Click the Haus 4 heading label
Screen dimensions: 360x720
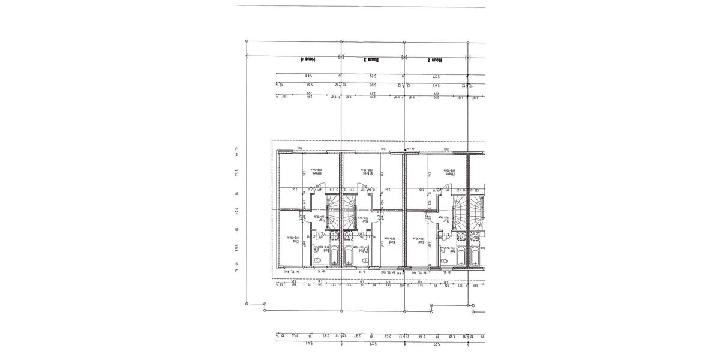point(308,60)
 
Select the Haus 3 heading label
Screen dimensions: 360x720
point(372,60)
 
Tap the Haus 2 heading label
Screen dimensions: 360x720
point(435,60)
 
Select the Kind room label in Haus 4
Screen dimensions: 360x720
point(292,242)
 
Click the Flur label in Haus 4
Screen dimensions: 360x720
point(322,220)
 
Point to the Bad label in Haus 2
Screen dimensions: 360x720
point(447,247)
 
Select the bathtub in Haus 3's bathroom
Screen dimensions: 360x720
point(349,257)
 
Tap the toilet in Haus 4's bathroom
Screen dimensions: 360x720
point(317,260)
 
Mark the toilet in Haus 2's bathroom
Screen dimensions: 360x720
point(444,260)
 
